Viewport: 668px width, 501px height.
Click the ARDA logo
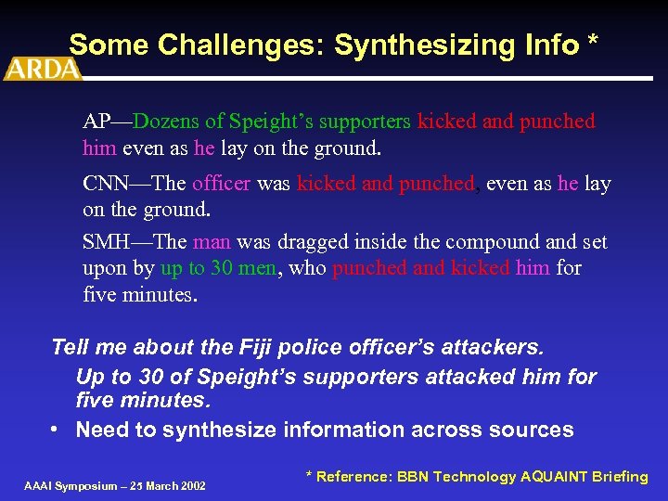point(41,69)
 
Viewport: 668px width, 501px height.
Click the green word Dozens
point(165,122)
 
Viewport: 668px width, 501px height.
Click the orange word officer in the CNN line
point(221,184)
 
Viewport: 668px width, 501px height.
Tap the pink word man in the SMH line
point(212,242)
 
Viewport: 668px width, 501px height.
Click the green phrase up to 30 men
point(219,269)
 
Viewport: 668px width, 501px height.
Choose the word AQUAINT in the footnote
point(556,477)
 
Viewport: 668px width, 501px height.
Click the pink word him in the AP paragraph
point(99,148)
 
